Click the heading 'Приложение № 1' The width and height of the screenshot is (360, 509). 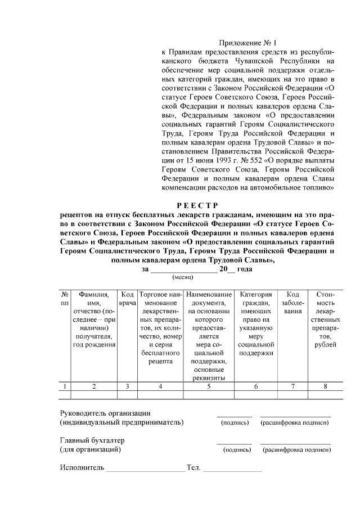click(x=248, y=42)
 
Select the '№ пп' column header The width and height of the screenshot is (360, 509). click(x=65, y=299)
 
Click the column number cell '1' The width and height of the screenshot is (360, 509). click(x=65, y=386)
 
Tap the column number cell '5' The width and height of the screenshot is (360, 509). click(x=208, y=386)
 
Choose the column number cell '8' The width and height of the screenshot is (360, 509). click(x=326, y=386)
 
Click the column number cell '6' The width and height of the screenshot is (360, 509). click(x=256, y=386)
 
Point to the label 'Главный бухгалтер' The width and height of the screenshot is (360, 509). click(x=92, y=440)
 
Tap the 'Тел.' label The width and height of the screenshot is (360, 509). click(x=193, y=467)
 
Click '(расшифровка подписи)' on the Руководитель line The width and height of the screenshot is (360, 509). click(x=295, y=423)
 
